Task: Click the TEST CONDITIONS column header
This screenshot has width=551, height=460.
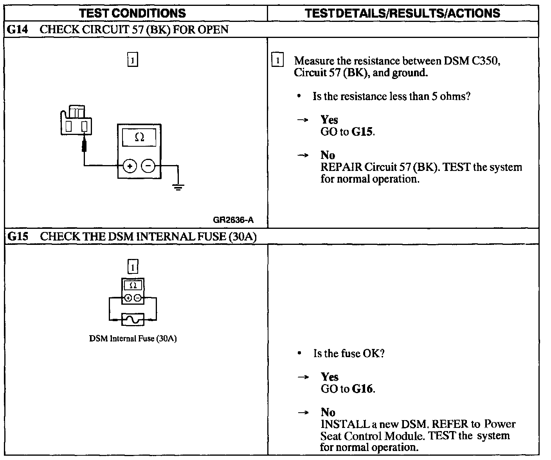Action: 132,13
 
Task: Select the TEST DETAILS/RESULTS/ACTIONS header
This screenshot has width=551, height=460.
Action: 402,13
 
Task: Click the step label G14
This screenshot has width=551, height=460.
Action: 17,30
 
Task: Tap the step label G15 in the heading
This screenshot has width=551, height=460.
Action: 17,237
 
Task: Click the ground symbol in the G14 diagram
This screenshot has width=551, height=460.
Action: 178,187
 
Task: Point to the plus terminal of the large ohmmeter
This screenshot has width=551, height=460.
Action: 130,166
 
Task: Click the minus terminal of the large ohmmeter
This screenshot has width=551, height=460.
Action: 148,166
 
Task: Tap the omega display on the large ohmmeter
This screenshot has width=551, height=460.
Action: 139,137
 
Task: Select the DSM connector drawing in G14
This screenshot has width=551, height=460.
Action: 76,120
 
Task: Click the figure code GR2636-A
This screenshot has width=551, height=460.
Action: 233,220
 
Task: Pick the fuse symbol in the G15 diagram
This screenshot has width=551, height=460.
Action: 133,320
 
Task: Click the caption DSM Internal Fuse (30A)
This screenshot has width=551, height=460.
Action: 133,339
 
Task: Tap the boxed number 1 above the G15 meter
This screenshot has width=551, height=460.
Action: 133,267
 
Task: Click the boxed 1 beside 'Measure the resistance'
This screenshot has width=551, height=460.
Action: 277,61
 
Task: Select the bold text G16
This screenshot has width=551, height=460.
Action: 363,389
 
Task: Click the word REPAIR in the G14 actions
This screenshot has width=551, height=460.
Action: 341,167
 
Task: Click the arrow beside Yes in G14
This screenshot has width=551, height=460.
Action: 303,120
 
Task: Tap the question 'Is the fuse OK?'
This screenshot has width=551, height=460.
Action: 349,354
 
